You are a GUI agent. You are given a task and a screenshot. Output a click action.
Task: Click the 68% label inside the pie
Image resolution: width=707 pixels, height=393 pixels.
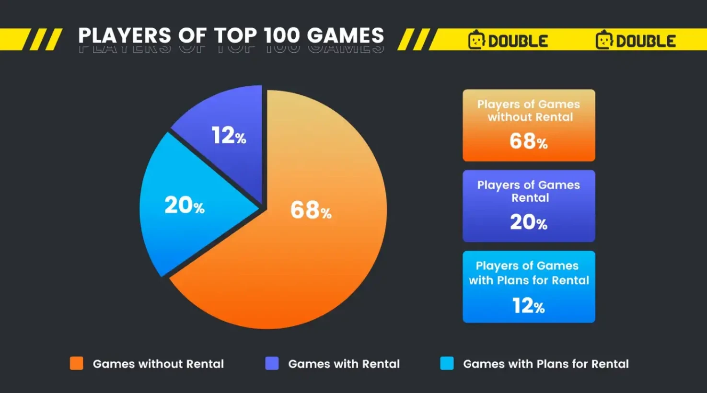click(311, 210)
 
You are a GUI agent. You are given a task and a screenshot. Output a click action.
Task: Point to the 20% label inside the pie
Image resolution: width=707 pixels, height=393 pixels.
click(184, 206)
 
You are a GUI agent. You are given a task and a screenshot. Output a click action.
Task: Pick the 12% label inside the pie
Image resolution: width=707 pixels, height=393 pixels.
click(229, 136)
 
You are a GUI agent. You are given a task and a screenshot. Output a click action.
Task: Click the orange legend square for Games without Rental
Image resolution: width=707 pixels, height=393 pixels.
click(77, 363)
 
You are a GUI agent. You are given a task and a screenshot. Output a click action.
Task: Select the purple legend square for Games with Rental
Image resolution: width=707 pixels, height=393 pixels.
click(272, 363)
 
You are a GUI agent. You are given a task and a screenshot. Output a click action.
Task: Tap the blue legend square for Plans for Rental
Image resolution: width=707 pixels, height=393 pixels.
click(447, 363)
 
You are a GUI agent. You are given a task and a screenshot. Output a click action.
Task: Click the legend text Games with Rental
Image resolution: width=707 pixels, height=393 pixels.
click(344, 364)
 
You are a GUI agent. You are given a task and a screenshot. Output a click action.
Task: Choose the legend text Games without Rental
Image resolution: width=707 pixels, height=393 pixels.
click(158, 364)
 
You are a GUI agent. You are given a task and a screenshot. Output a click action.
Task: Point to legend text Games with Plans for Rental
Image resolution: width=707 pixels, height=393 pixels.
click(545, 364)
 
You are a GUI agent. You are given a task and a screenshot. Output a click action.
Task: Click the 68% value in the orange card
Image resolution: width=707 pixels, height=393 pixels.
click(528, 141)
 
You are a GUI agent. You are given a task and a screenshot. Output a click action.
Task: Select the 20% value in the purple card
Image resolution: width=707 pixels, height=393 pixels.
click(528, 222)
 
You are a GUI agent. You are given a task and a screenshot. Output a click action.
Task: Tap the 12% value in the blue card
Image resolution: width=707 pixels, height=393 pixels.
click(528, 306)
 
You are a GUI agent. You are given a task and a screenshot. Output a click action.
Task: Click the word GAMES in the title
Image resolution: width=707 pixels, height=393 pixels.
click(345, 36)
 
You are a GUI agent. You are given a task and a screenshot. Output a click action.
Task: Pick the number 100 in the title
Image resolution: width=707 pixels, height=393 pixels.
click(281, 36)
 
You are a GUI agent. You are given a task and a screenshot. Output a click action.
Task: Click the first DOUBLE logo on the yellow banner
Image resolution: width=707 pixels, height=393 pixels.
click(508, 41)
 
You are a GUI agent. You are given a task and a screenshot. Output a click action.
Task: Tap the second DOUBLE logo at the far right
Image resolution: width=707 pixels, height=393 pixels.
click(636, 41)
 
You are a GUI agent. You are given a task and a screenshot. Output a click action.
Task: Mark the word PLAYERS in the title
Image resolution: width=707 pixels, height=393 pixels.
click(125, 36)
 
